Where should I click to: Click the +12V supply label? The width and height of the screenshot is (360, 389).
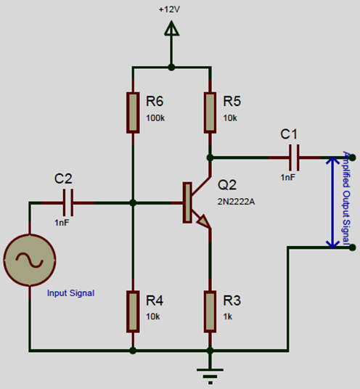(x=169, y=9)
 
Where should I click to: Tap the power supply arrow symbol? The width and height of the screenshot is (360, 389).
(x=171, y=28)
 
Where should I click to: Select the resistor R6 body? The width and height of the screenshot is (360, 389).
(x=133, y=112)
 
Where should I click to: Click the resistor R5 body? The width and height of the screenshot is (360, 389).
(x=210, y=112)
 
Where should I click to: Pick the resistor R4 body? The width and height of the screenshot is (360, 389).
(x=133, y=311)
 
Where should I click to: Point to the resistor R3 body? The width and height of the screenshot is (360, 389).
(x=210, y=311)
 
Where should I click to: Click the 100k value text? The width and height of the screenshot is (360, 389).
(x=155, y=118)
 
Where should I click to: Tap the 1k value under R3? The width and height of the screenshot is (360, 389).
(x=228, y=316)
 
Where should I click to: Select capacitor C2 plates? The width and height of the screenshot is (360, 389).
(x=68, y=202)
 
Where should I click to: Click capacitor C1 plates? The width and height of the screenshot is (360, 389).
(x=294, y=157)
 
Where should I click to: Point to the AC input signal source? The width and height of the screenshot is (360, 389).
(x=30, y=260)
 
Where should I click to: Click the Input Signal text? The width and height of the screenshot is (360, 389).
(x=70, y=293)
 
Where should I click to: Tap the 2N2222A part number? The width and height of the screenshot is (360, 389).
(x=236, y=202)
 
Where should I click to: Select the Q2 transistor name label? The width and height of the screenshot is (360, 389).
(x=227, y=185)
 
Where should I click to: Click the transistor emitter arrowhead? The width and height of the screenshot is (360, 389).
(x=205, y=221)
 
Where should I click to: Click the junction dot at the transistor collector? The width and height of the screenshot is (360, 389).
(x=210, y=157)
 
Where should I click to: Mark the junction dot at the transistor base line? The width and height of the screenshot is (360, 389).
(x=133, y=202)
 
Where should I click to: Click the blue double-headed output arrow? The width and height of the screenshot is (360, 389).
(x=332, y=202)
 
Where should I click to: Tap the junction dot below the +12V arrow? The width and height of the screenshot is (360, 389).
(x=171, y=67)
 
